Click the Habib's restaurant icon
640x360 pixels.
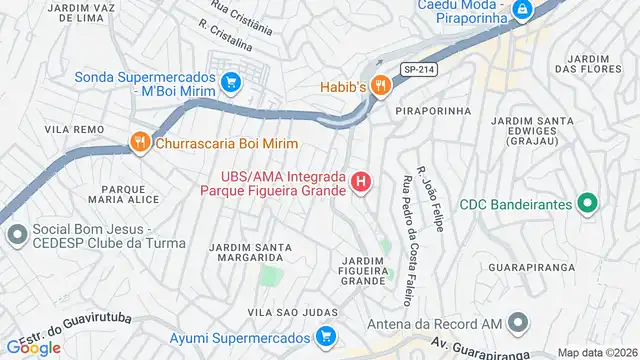coord(379,86)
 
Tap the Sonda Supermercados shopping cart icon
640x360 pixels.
coord(231,82)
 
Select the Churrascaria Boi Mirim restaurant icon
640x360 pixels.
coord(139,144)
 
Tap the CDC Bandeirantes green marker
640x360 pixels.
coord(588,204)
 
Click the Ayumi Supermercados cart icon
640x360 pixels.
coord(325,337)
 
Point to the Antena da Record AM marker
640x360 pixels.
coord(517,323)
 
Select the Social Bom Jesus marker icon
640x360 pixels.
coord(15,236)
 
